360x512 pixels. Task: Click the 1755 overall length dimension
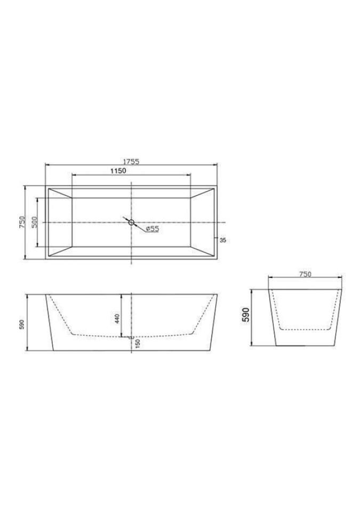click(x=131, y=161)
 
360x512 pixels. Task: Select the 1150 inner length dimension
click(x=118, y=171)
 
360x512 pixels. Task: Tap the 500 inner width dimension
click(x=35, y=222)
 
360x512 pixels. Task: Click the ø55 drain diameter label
click(x=152, y=229)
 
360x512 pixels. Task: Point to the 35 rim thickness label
click(x=223, y=241)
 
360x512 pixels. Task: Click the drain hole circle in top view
click(x=131, y=222)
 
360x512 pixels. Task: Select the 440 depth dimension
click(x=117, y=318)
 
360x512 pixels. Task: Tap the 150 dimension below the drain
click(x=138, y=343)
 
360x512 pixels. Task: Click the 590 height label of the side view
click(x=21, y=324)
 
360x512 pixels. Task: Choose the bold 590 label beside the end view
click(x=246, y=315)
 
